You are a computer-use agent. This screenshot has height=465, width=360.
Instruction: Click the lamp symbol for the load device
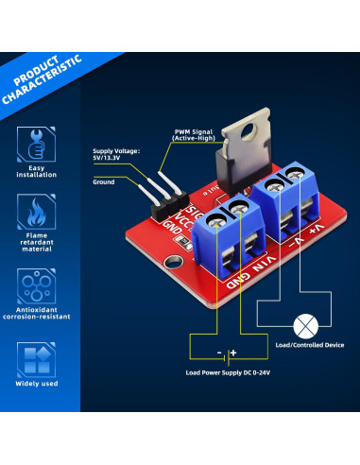(305, 326)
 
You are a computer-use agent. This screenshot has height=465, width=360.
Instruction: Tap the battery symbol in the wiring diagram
(225, 354)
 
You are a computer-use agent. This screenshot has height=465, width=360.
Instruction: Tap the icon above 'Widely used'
(35, 360)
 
